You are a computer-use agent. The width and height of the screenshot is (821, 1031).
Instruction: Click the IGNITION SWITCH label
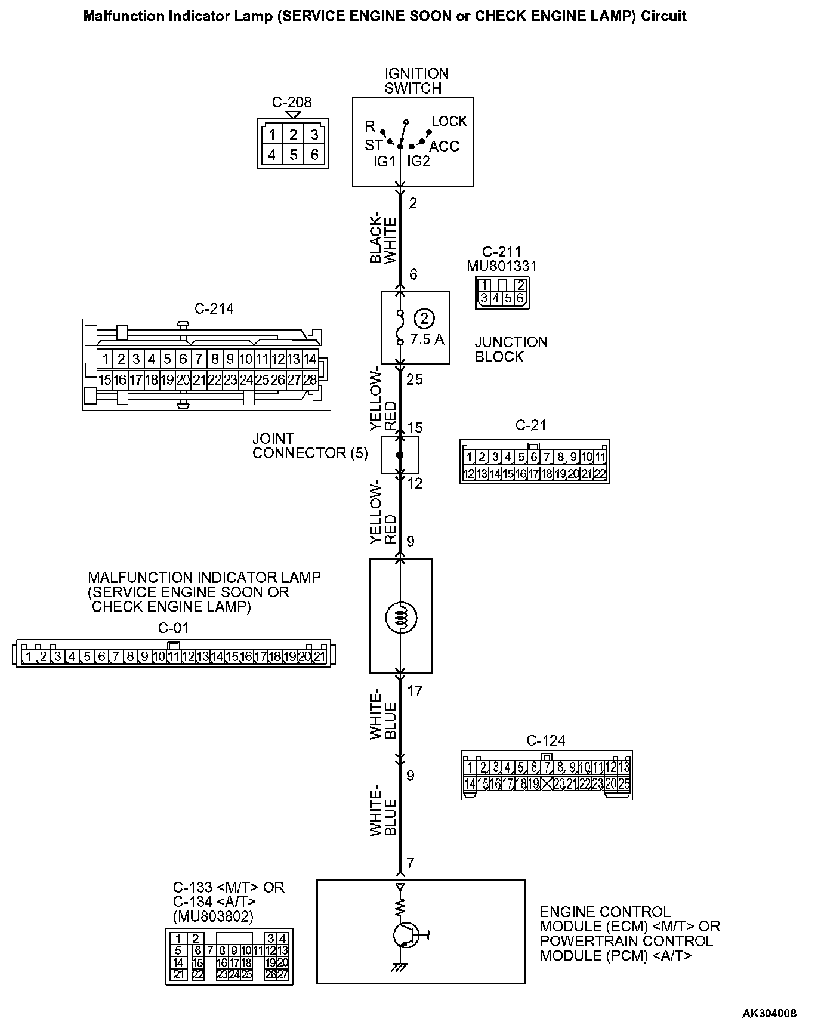click(x=416, y=81)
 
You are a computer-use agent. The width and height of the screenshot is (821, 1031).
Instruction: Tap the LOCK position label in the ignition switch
click(x=449, y=122)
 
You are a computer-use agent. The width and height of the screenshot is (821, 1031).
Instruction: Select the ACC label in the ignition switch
click(x=444, y=147)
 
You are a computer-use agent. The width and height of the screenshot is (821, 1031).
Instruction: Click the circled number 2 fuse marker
click(x=424, y=319)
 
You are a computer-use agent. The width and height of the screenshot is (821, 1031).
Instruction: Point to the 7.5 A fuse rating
click(x=427, y=339)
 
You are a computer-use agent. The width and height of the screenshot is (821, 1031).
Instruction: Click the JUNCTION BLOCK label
click(x=511, y=350)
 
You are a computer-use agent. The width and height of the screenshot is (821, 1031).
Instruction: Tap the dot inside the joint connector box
click(x=400, y=455)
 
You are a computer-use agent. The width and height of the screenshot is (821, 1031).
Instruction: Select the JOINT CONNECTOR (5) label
click(x=310, y=446)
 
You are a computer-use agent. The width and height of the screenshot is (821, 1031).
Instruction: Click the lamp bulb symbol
click(x=400, y=617)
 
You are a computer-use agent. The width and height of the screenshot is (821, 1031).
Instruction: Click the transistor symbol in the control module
click(x=407, y=935)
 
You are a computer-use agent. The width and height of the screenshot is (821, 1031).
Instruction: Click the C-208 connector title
click(x=292, y=102)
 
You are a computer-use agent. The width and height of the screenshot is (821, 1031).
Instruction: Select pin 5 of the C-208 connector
click(x=293, y=155)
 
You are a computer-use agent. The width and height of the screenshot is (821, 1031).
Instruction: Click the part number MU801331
click(x=501, y=266)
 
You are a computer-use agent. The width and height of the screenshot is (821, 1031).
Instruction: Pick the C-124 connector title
click(x=545, y=741)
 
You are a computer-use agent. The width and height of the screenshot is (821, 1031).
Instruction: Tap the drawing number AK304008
click(x=769, y=1013)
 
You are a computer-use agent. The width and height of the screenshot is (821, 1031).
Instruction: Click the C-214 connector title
click(x=214, y=308)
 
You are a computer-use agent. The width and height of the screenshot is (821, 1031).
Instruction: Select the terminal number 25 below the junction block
click(x=414, y=379)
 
